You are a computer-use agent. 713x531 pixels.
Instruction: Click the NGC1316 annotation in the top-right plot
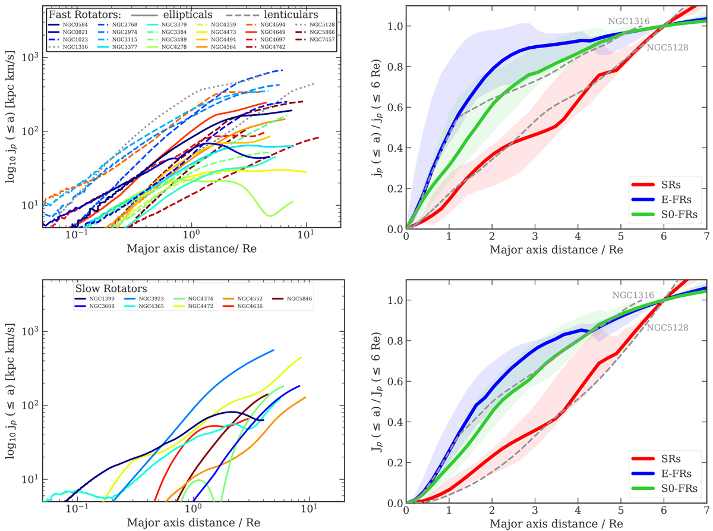(x=627, y=20)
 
